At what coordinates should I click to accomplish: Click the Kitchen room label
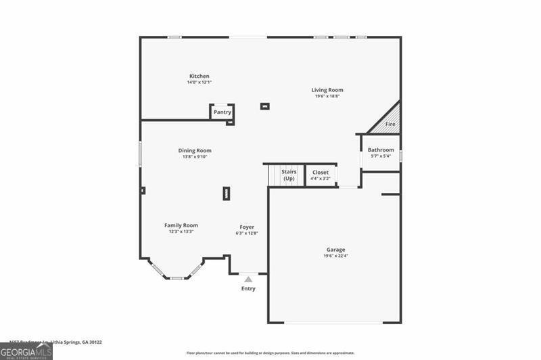click(199, 76)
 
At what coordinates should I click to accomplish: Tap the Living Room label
click(327, 90)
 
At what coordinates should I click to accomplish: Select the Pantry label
click(222, 112)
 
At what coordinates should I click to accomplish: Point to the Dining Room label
click(195, 151)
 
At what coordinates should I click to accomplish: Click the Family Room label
click(181, 225)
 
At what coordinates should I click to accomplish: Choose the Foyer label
click(247, 227)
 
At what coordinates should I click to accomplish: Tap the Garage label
click(336, 250)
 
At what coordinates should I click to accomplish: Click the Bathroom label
click(381, 150)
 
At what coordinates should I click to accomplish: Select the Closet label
click(321, 173)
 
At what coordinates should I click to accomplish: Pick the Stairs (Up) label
click(289, 175)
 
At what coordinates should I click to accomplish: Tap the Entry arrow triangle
click(248, 279)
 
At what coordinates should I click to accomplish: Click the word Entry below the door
click(249, 289)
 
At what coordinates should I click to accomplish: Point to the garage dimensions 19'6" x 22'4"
click(336, 256)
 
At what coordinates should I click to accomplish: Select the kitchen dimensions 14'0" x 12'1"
click(199, 83)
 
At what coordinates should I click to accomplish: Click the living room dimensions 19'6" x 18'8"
click(327, 96)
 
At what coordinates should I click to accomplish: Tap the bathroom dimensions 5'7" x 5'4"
click(381, 156)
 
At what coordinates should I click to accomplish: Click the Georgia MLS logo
click(26, 351)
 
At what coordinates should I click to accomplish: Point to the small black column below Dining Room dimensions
click(226, 194)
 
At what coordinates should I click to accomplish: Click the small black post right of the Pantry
click(265, 106)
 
